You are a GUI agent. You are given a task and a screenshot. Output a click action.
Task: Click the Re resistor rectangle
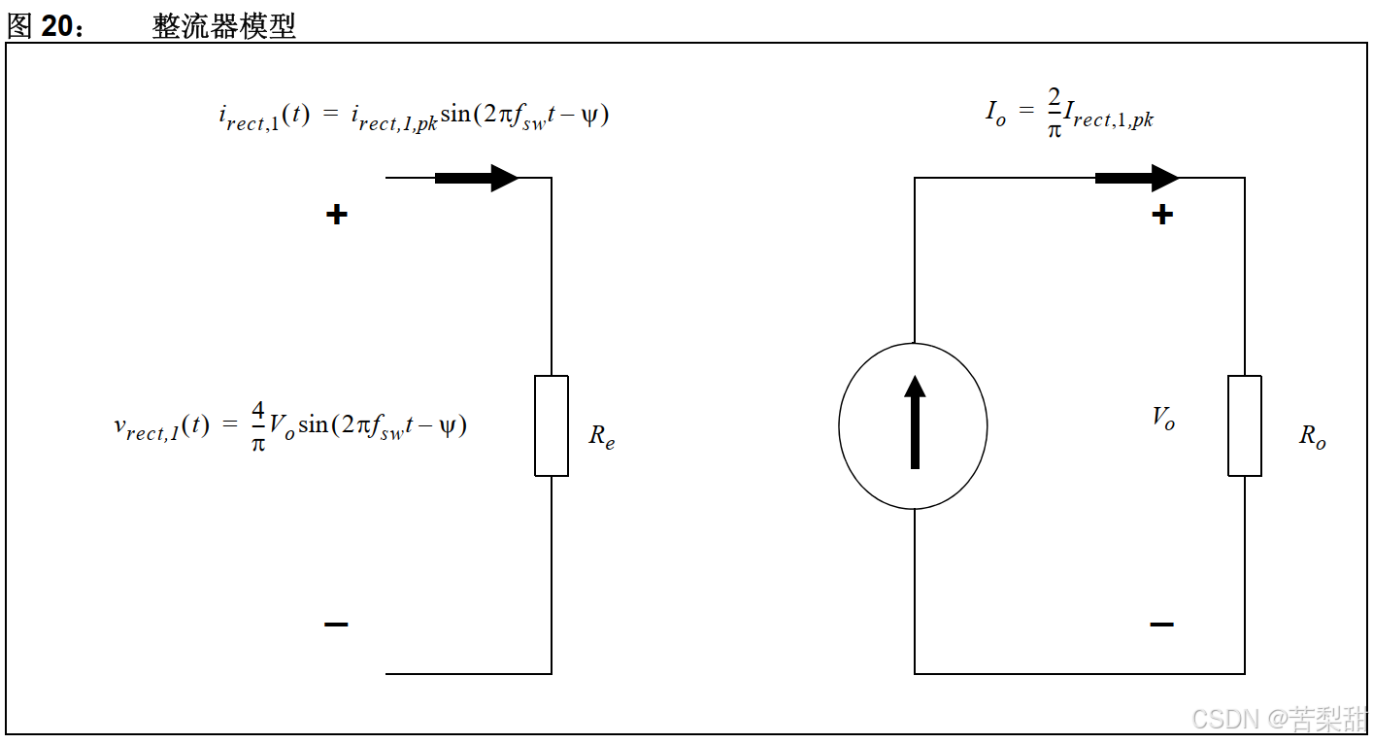[552, 425]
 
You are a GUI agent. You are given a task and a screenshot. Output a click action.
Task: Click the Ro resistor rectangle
[1245, 425]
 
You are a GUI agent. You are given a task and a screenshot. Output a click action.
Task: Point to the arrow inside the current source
[914, 422]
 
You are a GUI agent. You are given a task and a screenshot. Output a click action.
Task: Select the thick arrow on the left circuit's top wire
[476, 178]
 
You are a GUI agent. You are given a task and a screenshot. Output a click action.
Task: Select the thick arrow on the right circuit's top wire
[1136, 178]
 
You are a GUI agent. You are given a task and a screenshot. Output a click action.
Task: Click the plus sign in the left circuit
[336, 215]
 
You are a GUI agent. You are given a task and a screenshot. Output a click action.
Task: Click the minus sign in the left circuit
[336, 625]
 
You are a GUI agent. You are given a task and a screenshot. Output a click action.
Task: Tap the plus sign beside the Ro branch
[1161, 215]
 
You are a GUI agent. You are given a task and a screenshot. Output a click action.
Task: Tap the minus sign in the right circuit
[1161, 625]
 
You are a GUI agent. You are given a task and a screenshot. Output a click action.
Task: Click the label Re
[602, 437]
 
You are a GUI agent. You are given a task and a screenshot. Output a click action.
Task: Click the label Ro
[1313, 437]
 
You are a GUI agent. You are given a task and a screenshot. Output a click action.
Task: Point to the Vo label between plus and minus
[1163, 419]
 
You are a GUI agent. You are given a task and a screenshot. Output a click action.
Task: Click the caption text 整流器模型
[223, 27]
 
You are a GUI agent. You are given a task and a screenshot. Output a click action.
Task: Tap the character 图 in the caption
[19, 27]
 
